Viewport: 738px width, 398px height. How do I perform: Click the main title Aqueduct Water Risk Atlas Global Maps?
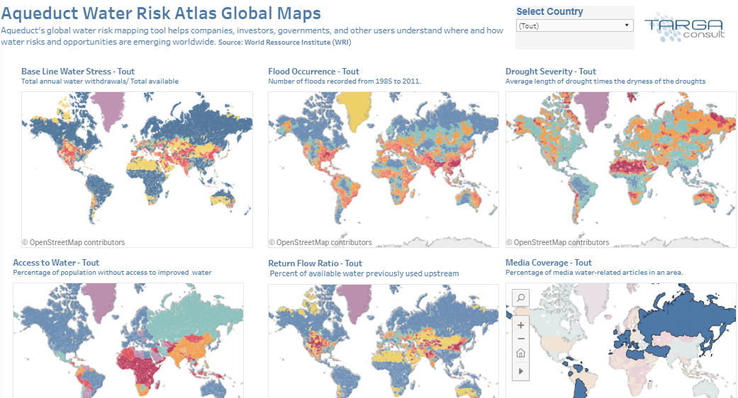(161, 13)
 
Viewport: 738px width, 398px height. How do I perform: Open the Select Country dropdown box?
(574, 25)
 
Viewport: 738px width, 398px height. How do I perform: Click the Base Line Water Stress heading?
(78, 72)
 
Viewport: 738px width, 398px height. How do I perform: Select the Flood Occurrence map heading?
(313, 72)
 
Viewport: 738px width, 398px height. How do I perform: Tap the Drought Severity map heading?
(551, 72)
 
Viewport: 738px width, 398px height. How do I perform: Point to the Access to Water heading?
(56, 263)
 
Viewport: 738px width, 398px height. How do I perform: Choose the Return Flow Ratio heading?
(315, 263)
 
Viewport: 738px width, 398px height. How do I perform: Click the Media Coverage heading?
(549, 263)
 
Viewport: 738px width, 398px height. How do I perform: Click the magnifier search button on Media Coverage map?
(520, 298)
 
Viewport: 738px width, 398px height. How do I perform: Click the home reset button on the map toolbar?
(520, 353)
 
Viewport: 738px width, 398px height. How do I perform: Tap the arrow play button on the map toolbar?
(520, 370)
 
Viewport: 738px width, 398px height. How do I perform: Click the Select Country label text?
(549, 11)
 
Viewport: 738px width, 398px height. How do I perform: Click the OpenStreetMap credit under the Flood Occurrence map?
(320, 242)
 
